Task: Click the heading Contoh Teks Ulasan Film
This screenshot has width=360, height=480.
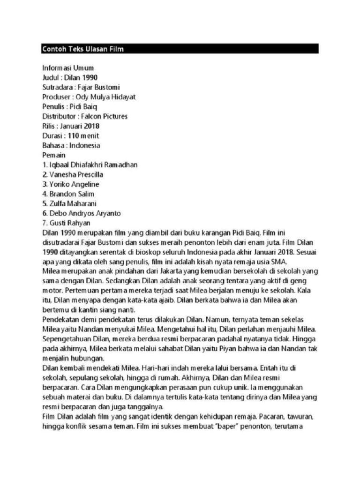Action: (82, 49)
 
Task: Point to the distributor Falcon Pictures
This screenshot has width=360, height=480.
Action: (104, 116)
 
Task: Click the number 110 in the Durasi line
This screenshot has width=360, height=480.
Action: (74, 136)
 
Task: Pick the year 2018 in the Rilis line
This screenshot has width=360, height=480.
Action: (92, 126)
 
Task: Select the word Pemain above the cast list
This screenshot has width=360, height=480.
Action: (54, 155)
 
